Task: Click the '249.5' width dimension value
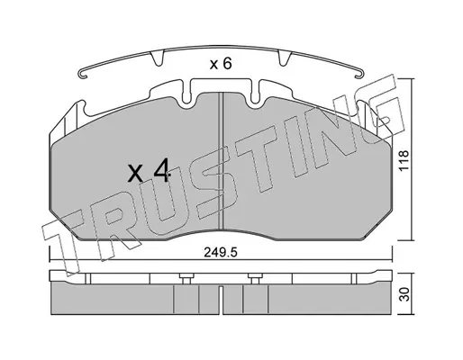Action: [x=221, y=253]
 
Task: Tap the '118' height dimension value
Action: [x=404, y=160]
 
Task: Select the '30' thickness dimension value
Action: [x=404, y=294]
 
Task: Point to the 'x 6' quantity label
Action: [x=221, y=64]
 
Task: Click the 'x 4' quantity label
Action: [x=149, y=172]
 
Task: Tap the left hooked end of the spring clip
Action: [x=82, y=75]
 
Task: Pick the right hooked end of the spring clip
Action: [x=359, y=73]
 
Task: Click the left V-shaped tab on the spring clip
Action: [x=157, y=58]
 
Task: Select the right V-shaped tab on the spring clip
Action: [x=285, y=58]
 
